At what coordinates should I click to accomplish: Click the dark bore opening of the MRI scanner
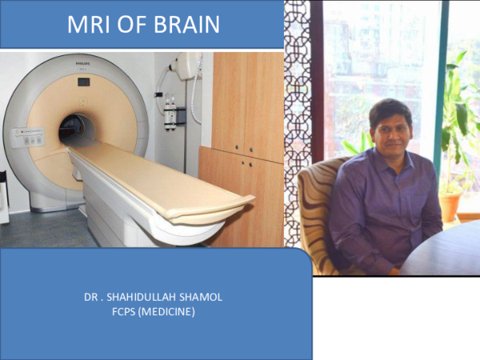[76, 130]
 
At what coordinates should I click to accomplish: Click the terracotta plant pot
[452, 206]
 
